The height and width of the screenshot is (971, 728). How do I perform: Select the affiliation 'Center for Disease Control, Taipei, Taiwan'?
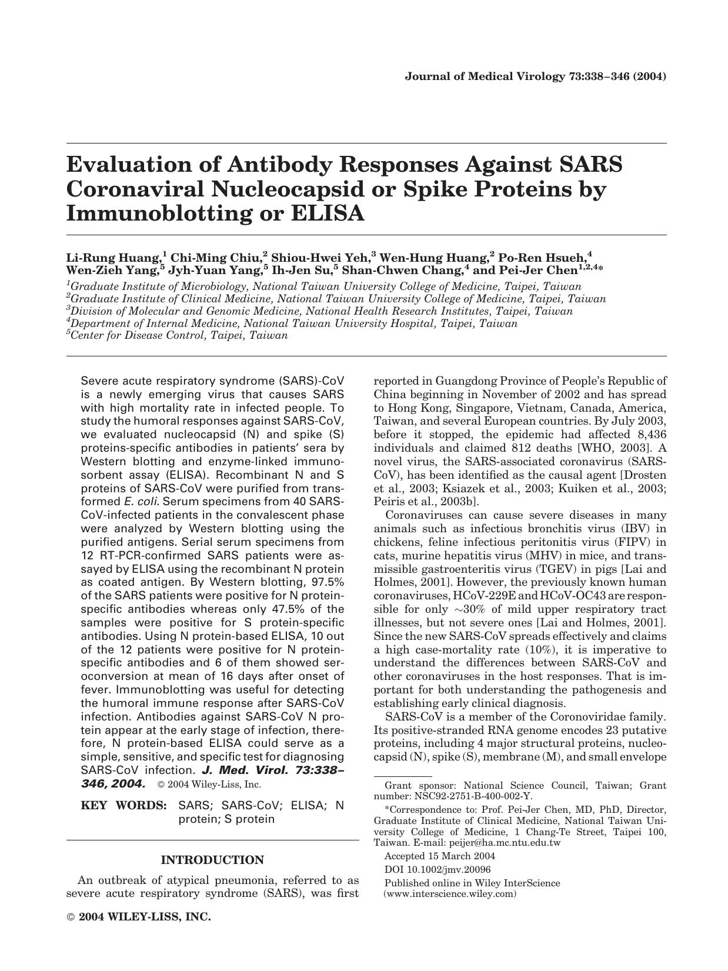point(179,336)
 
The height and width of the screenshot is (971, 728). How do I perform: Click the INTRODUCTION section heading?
point(212,860)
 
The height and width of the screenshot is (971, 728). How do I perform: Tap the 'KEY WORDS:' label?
point(123,805)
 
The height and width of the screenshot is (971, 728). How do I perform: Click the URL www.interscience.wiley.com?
point(450,894)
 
